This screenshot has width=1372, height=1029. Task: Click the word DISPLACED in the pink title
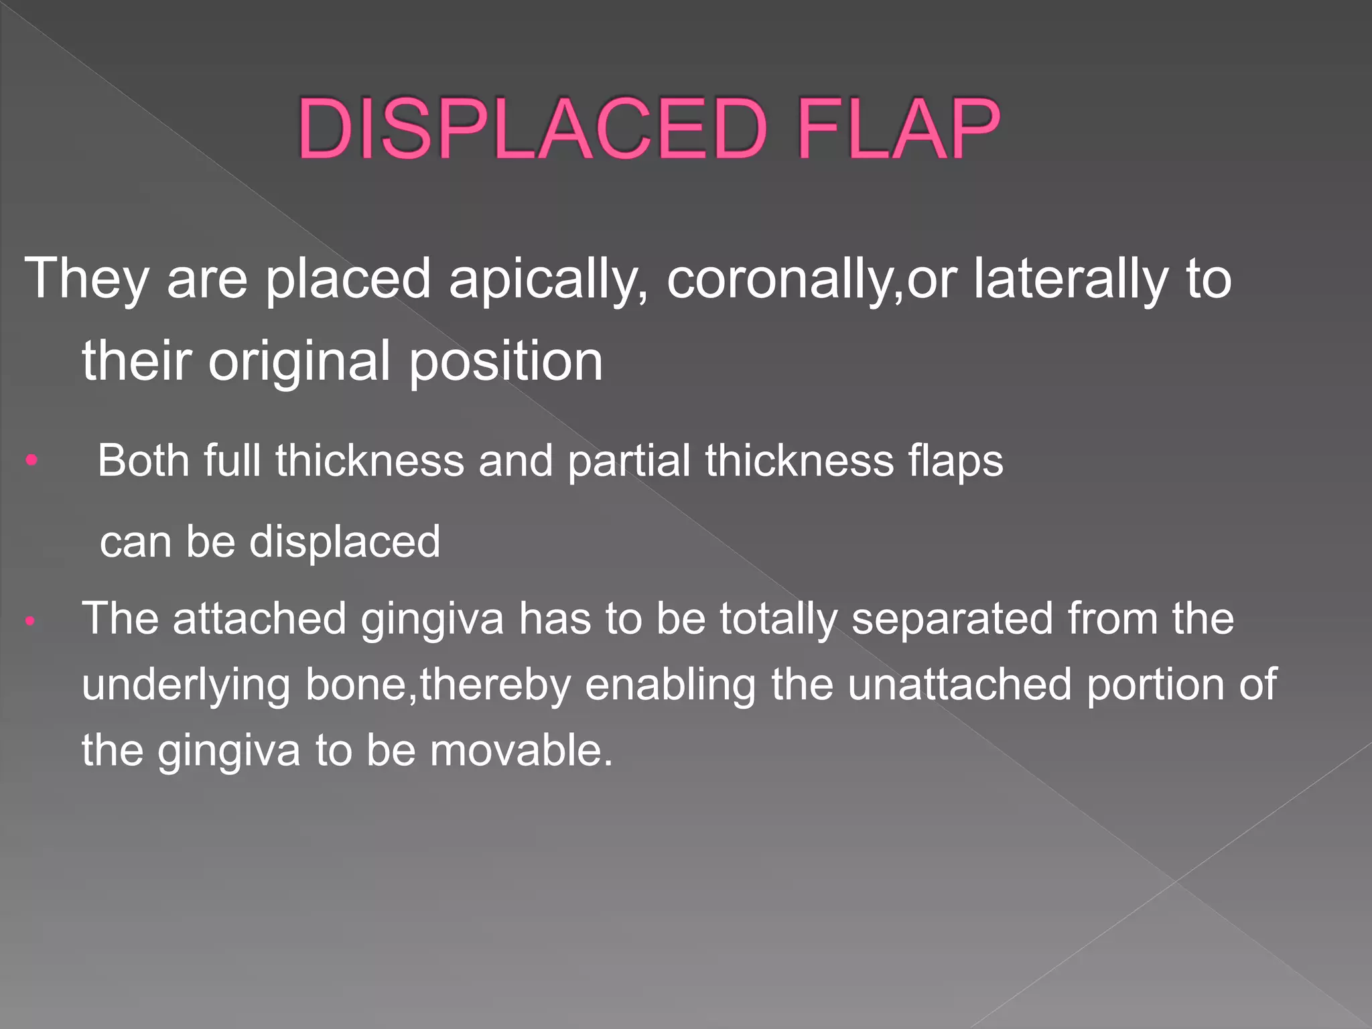click(x=533, y=129)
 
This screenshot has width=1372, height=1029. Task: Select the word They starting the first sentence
click(x=86, y=279)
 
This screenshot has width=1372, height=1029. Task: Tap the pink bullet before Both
click(x=31, y=461)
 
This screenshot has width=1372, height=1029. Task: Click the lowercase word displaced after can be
click(x=345, y=541)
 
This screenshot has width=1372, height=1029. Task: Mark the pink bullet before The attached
click(x=29, y=622)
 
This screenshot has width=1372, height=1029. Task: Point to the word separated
click(x=952, y=619)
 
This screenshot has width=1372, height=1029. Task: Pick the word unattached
click(x=959, y=685)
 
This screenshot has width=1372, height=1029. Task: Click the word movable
click(x=521, y=750)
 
